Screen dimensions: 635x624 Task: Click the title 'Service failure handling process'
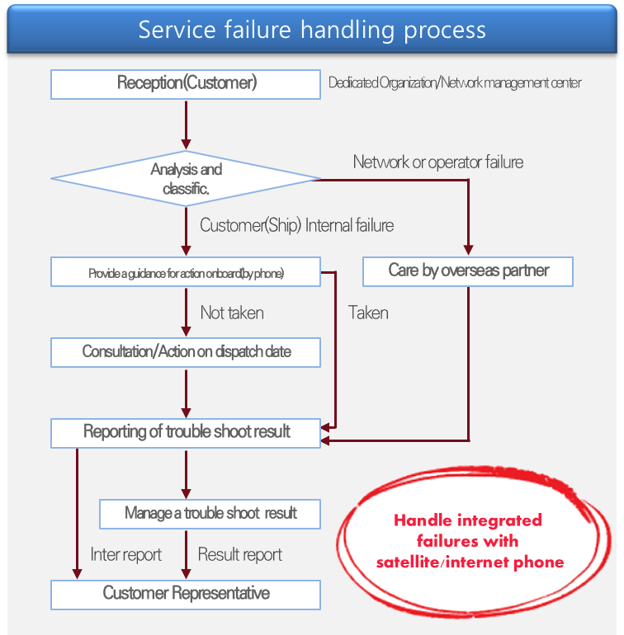[312, 30]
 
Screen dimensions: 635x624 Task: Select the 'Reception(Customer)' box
[186, 83]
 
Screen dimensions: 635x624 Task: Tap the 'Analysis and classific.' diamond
[186, 178]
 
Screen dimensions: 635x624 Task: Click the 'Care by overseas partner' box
[468, 270]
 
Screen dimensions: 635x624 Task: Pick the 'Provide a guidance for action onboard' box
[186, 273]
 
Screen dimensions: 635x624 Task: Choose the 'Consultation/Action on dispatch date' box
[186, 352]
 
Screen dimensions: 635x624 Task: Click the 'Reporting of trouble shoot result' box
[186, 432]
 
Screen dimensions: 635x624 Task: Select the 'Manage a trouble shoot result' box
[210, 513]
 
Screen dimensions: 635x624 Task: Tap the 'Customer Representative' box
[186, 594]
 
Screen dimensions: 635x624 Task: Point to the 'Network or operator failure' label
[437, 162]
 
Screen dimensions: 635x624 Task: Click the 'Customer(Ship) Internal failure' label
[296, 225]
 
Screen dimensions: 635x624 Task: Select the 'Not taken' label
[232, 313]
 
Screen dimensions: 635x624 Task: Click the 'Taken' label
[368, 313]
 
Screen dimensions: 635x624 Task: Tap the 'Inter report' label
[125, 554]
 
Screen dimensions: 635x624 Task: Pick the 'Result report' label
[239, 554]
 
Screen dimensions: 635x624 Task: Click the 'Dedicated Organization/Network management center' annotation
[455, 83]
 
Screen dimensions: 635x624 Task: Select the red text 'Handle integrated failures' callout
[469, 541]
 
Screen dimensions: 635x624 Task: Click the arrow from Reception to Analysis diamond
[186, 124]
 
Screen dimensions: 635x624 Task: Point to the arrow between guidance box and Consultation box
[186, 311]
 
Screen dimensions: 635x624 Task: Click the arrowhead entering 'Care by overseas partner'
[468, 249]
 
